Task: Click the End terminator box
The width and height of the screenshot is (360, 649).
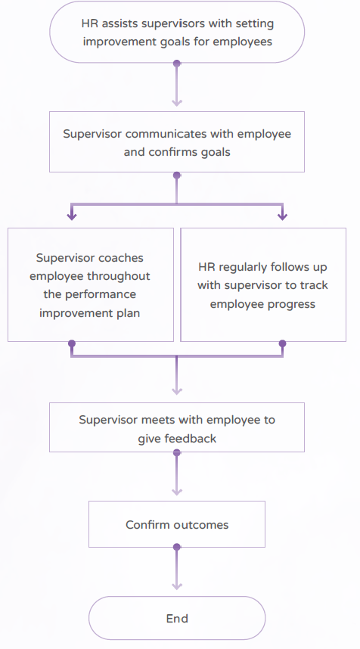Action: point(177,618)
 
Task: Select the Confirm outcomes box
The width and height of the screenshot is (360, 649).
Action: point(177,524)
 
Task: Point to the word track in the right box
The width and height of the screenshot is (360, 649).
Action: point(314,285)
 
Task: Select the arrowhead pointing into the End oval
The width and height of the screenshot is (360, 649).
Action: point(177,586)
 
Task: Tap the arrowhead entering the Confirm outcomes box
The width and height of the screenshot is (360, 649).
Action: point(177,492)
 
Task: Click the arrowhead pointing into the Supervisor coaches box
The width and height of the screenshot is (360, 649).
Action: point(72,216)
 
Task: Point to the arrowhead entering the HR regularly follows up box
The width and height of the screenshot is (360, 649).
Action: point(283,216)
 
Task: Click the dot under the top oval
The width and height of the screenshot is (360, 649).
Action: point(177,64)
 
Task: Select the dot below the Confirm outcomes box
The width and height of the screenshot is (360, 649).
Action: point(177,547)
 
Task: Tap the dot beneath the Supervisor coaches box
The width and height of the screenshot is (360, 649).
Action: point(72,343)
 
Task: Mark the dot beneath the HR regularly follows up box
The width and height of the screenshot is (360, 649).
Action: point(283,343)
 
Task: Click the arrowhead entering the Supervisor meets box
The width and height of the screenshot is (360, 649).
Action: point(177,391)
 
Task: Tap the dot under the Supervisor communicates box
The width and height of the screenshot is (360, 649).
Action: point(177,175)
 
